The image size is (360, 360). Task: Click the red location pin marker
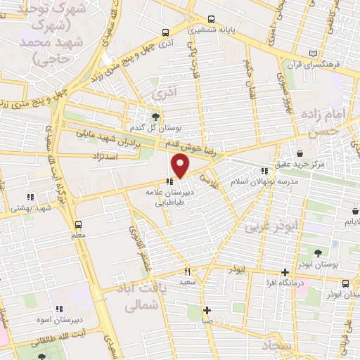[181, 165]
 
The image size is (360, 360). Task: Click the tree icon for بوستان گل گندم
[155, 117]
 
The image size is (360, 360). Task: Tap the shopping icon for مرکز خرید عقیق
[300, 153]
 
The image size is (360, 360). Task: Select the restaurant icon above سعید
[187, 271]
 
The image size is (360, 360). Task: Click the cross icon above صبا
[207, 309]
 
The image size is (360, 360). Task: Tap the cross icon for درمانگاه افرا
[285, 272]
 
